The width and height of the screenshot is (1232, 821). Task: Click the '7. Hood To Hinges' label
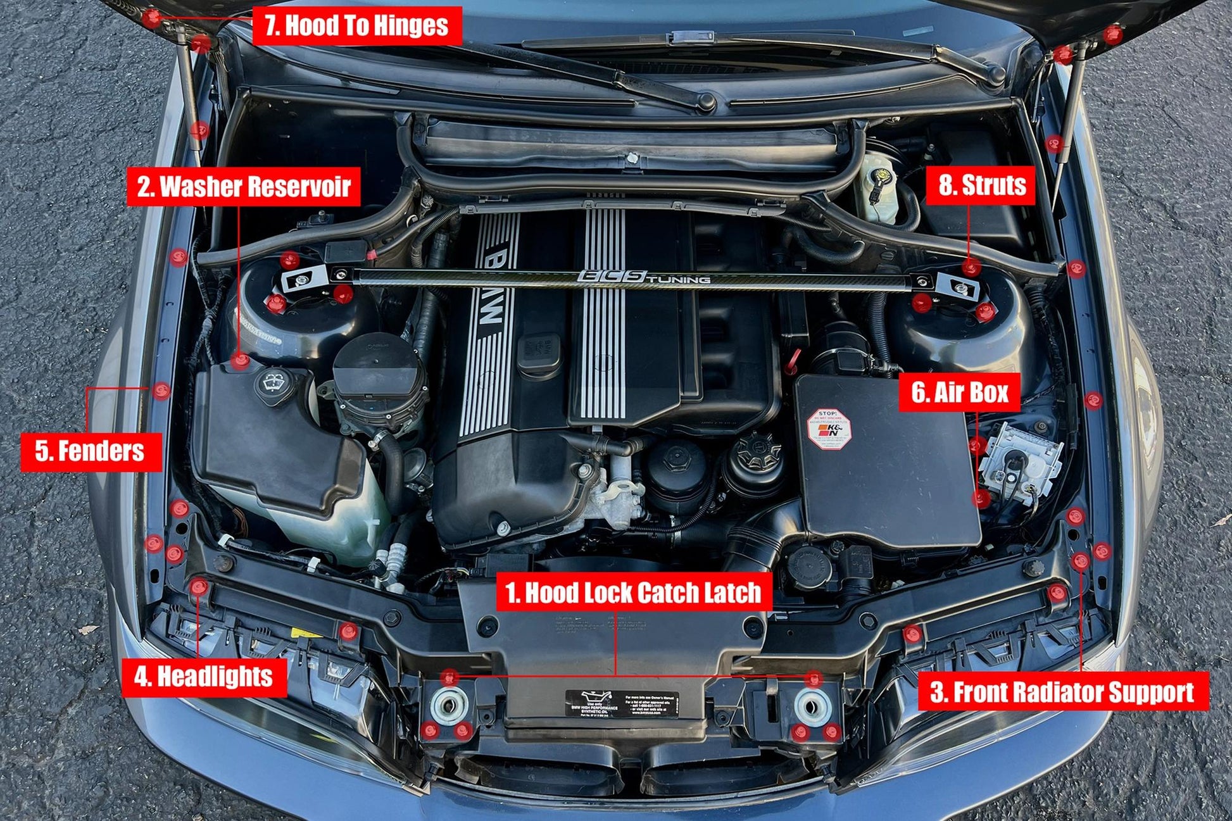coord(356,25)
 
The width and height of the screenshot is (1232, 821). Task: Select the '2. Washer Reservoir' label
coord(244,187)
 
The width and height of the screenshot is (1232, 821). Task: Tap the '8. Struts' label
coord(982,185)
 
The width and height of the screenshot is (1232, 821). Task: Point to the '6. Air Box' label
coord(959,392)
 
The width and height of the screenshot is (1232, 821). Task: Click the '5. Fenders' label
coord(90,451)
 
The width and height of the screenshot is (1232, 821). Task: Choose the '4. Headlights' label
coord(203,677)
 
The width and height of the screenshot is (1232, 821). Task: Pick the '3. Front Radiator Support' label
coord(1062,692)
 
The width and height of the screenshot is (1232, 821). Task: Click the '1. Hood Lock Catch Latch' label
coord(633,592)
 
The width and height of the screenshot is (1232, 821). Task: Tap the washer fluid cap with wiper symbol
coord(274,382)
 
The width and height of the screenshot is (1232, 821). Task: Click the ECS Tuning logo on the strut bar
coord(643,277)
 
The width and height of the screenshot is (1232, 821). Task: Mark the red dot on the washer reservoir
coord(240,361)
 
